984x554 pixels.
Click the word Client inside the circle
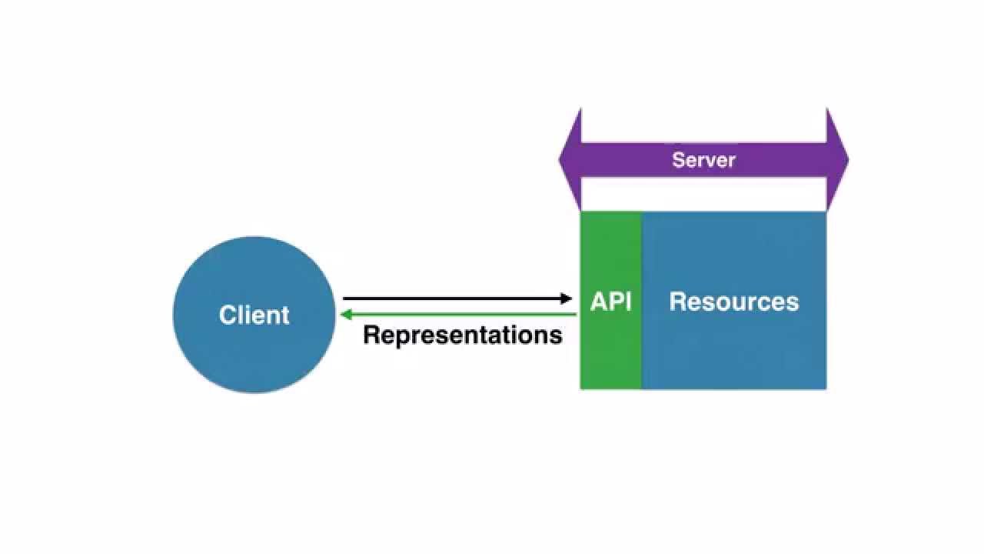point(254,315)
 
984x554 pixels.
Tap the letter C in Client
point(227,315)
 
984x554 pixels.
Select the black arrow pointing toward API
point(454,299)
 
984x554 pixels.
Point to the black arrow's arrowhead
point(567,299)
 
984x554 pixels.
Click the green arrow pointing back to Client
point(461,314)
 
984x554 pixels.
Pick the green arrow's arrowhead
point(345,314)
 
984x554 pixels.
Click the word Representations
point(462,335)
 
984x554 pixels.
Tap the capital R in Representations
point(371,335)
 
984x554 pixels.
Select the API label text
point(610,302)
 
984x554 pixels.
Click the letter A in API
point(599,302)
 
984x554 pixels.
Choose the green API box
point(610,354)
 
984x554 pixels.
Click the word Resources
point(733,302)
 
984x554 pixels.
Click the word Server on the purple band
point(703,160)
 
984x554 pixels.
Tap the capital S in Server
point(679,160)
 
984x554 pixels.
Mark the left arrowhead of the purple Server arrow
point(570,160)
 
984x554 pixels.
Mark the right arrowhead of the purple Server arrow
point(837,160)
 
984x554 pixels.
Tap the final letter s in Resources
point(793,302)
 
